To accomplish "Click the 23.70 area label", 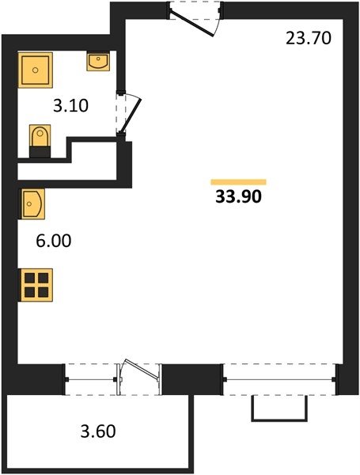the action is (309, 39).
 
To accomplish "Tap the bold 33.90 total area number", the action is (238, 196).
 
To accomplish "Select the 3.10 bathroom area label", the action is (71, 106).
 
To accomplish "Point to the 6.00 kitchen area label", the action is (54, 241).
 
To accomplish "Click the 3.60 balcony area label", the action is (98, 431).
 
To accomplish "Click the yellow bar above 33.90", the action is (239, 182).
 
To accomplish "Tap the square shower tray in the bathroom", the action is (36, 70).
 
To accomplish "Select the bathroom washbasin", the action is (98, 62).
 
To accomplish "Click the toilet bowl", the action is (40, 135).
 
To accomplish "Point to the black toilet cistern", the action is (40, 152).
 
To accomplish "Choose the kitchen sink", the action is (32, 203).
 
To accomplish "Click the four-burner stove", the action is (36, 285).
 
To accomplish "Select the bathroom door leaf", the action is (131, 116).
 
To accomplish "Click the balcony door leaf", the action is (142, 369).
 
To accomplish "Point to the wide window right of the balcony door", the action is (280, 379).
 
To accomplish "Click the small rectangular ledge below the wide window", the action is (279, 408).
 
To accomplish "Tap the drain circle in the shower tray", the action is (35, 70).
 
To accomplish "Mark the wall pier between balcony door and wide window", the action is (191, 379).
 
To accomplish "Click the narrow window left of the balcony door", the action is (91, 379).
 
